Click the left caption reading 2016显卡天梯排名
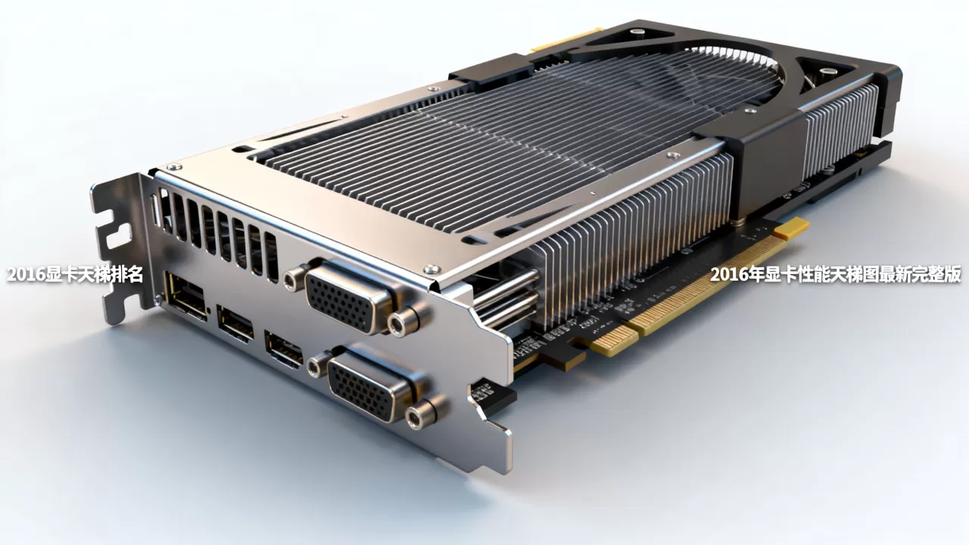[x=75, y=274]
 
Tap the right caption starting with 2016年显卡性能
[x=836, y=274]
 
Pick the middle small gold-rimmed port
[x=235, y=322]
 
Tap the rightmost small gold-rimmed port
[x=283, y=349]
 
